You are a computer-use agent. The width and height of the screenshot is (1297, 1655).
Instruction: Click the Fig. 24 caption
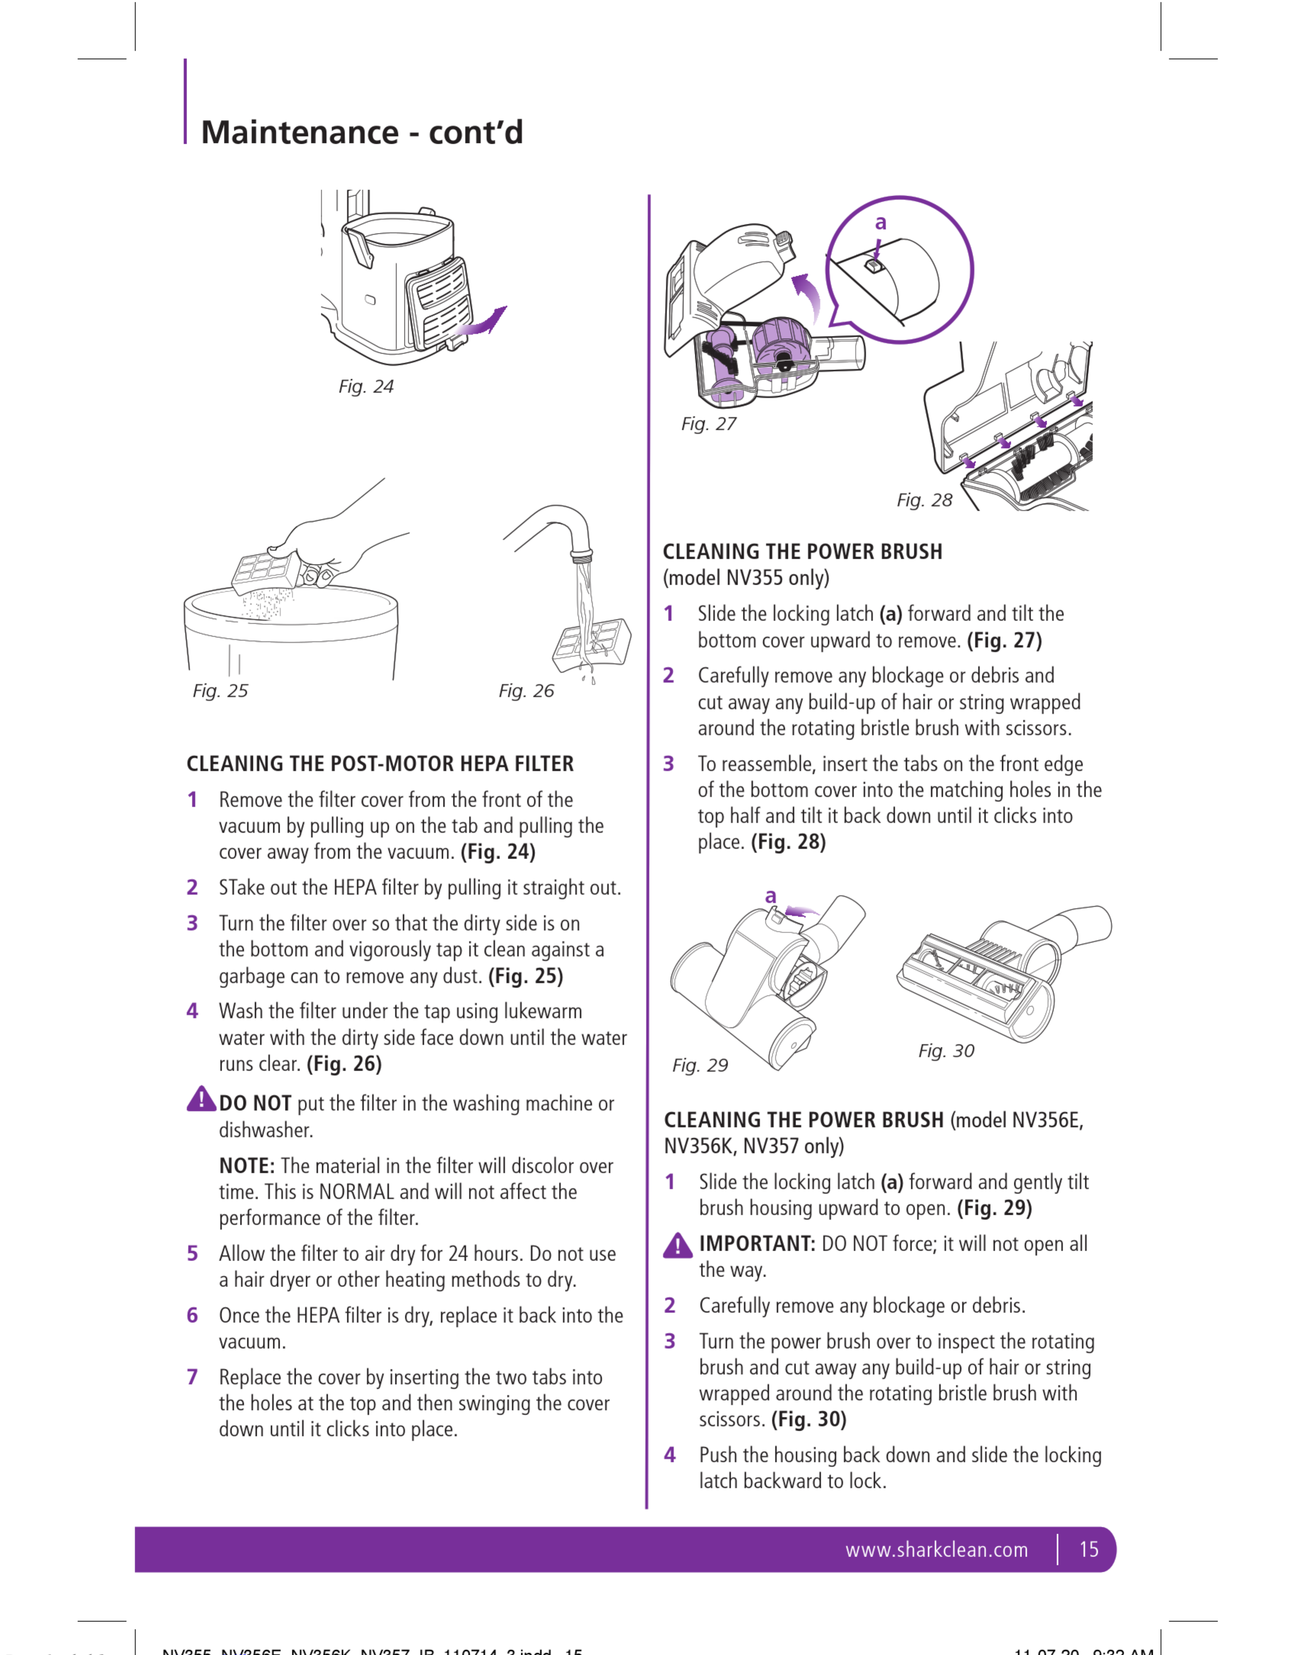click(366, 386)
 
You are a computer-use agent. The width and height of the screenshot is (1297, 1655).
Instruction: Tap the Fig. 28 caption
click(924, 500)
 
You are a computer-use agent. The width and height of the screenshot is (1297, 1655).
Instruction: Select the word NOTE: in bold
click(247, 1166)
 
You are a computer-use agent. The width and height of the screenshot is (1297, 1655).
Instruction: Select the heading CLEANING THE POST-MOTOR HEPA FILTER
click(380, 764)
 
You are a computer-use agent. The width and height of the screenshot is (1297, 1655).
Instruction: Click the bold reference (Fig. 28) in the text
click(788, 842)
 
